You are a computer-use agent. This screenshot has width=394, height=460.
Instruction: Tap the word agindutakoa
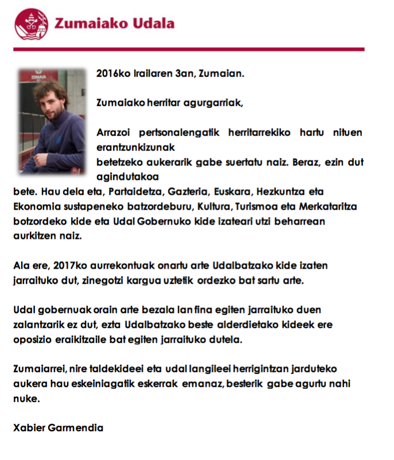(127, 176)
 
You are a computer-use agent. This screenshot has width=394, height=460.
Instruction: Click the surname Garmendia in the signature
(75, 428)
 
